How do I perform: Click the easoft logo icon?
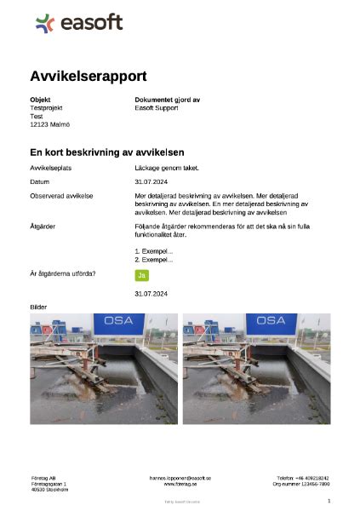(x=44, y=23)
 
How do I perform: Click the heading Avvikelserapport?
(x=88, y=76)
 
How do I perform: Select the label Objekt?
(x=40, y=100)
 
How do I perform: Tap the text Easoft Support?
(x=157, y=108)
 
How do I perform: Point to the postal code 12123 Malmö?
(x=50, y=125)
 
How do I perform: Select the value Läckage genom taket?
(x=166, y=169)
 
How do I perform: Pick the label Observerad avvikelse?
(x=61, y=196)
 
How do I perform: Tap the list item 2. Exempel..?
(x=154, y=259)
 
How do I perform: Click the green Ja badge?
(x=142, y=274)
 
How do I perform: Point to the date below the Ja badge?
(x=151, y=293)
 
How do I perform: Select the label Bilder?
(x=39, y=307)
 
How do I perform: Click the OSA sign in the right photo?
(x=271, y=321)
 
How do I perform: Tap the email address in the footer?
(x=180, y=478)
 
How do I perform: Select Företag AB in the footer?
(x=43, y=478)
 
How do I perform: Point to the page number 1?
(x=329, y=502)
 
